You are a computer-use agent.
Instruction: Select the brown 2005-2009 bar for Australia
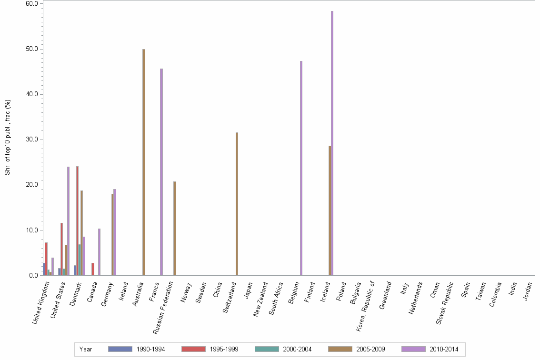(x=144, y=162)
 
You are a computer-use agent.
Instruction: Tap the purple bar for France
(x=161, y=172)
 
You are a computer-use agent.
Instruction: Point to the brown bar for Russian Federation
(x=175, y=228)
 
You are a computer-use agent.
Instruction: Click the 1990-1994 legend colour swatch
(x=120, y=349)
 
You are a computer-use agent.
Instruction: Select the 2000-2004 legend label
(x=297, y=350)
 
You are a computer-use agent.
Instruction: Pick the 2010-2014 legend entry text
(x=444, y=350)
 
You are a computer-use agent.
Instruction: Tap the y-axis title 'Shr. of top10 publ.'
(x=8, y=137)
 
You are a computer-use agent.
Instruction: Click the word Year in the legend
(x=86, y=350)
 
